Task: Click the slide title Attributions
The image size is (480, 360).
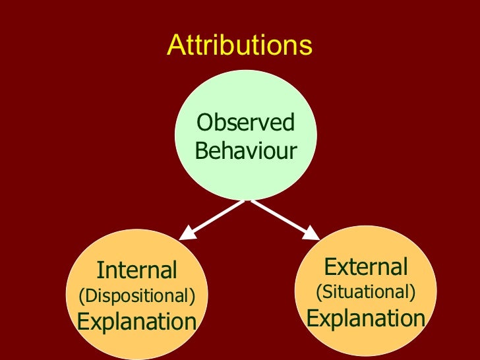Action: point(239,45)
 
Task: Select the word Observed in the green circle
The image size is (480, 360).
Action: point(246,123)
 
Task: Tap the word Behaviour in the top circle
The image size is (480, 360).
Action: point(246,151)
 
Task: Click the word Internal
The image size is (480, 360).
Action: point(137,270)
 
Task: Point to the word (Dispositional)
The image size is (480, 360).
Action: point(137,296)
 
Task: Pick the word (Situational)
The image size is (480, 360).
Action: point(366,291)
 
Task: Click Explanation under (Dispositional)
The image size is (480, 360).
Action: point(137,322)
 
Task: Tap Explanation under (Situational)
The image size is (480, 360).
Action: point(366,318)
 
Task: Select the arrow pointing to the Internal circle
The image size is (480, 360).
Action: point(213,218)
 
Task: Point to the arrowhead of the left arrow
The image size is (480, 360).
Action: point(189,233)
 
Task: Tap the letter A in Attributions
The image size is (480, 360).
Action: point(175,46)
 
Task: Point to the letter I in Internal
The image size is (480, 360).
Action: point(100,270)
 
